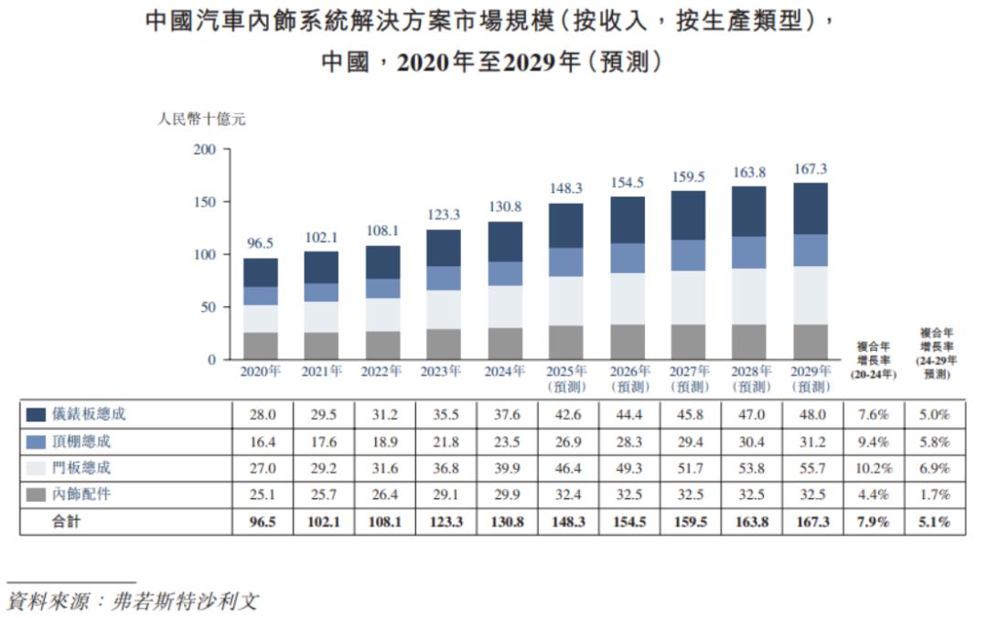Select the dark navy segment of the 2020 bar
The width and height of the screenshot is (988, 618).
[x=261, y=272]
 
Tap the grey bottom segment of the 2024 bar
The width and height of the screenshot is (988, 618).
[x=506, y=343]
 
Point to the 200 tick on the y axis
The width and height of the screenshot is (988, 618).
[x=206, y=149]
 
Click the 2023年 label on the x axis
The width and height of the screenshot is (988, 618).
[x=444, y=372]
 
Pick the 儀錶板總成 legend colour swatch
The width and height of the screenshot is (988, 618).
[x=37, y=415]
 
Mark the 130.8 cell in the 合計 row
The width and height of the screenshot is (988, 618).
[x=506, y=522]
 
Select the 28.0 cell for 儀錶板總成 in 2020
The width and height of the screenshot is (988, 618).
[x=261, y=415]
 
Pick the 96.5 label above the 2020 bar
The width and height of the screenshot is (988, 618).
[x=261, y=244]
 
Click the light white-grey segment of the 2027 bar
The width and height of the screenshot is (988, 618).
[x=688, y=297]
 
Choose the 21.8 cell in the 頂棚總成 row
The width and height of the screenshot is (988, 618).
[x=444, y=442]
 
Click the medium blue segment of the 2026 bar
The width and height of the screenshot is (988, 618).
[x=628, y=258]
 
